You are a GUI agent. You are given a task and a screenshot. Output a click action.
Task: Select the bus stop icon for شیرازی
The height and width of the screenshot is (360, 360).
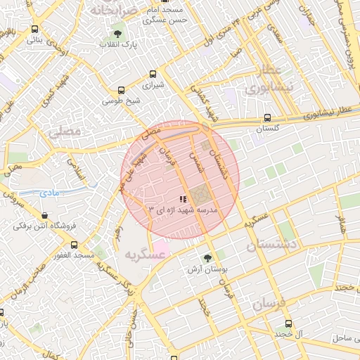[153, 73]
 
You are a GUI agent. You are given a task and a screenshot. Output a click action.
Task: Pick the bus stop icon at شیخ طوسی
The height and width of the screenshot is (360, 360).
[122, 90]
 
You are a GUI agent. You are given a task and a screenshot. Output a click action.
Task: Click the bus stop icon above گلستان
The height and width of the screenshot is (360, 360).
[266, 118]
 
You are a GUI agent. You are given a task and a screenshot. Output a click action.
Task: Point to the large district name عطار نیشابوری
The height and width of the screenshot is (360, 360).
[264, 79]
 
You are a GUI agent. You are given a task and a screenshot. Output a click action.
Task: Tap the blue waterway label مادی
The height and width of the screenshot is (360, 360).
[51, 191]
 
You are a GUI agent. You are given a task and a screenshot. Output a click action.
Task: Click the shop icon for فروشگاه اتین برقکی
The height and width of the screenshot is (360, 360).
[45, 216]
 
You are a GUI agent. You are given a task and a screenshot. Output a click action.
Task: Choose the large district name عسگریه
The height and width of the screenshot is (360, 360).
[144, 256]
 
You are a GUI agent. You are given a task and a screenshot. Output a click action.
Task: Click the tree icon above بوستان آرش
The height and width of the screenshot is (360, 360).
[206, 258]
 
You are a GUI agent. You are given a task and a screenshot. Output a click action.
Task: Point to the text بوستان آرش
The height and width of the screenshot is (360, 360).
[206, 269]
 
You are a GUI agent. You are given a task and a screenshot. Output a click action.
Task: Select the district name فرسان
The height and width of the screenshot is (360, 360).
[270, 304]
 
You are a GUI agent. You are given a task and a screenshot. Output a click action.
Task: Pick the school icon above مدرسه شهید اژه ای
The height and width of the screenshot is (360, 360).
[183, 200]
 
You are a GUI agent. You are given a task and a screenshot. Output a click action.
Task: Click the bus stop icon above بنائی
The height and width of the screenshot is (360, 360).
[35, 30]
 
